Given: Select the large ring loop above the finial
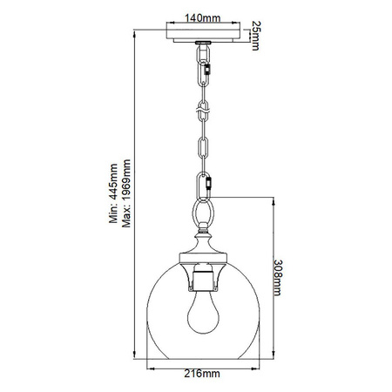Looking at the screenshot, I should click(202, 211).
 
